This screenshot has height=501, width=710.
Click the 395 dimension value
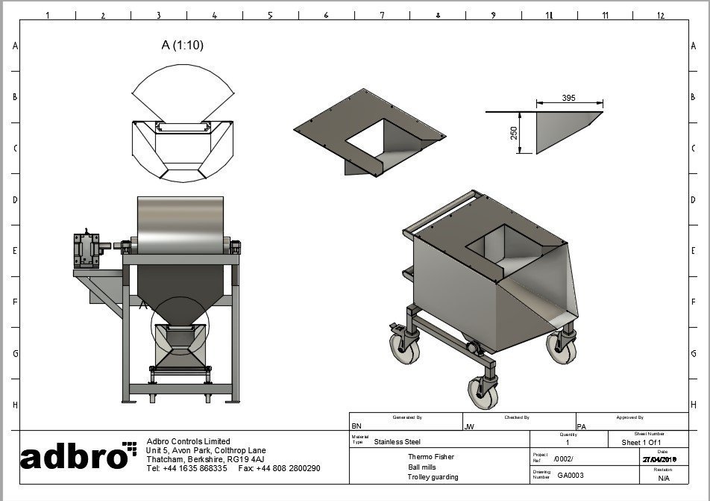(x=569, y=99)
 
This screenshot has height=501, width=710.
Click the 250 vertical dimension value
(x=515, y=133)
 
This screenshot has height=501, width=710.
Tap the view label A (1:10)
(x=182, y=45)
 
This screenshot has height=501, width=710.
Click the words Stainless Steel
(x=397, y=442)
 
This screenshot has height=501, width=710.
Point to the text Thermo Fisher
(x=430, y=456)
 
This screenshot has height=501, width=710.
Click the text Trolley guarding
(x=433, y=477)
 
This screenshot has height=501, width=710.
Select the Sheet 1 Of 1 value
(x=641, y=442)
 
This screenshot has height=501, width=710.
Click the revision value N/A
(x=664, y=478)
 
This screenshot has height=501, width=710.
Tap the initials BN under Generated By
(x=356, y=426)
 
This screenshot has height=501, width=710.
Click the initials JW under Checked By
(x=469, y=426)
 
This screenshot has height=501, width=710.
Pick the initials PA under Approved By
(x=582, y=426)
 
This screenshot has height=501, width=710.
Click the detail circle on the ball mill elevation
(x=180, y=326)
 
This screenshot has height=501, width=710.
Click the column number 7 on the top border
(x=382, y=15)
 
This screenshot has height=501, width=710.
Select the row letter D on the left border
(x=15, y=200)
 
